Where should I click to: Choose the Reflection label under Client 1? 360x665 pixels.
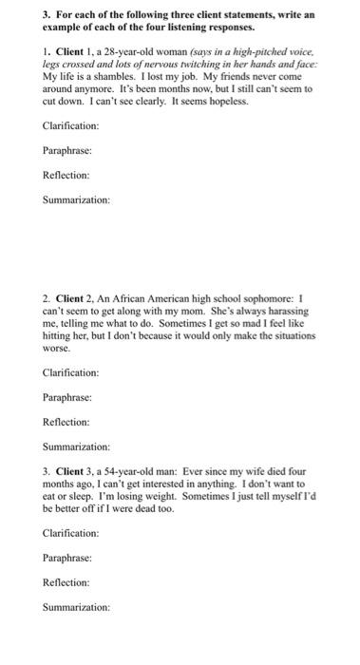click(x=66, y=176)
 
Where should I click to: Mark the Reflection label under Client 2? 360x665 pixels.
click(x=66, y=422)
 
